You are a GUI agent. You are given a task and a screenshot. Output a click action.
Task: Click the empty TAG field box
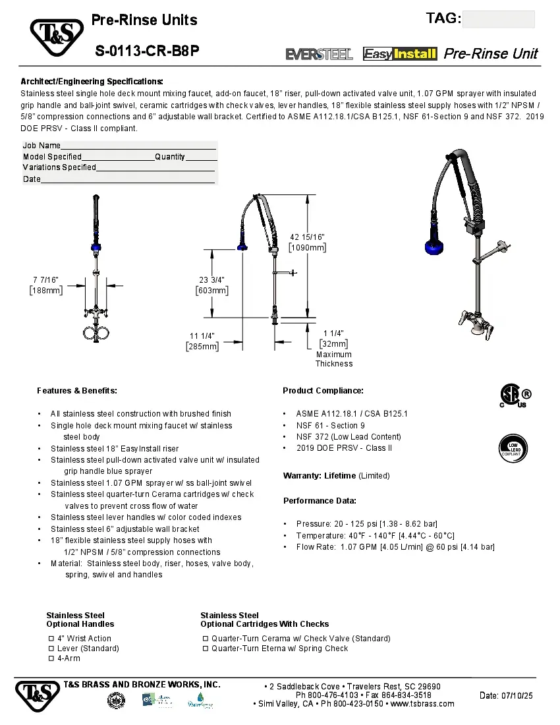(498, 19)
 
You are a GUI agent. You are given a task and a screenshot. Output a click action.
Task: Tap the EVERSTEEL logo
(319, 54)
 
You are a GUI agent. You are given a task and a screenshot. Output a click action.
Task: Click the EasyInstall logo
(400, 54)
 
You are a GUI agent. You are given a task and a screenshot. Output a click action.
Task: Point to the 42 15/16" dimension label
(307, 242)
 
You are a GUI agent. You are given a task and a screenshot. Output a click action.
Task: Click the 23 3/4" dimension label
(212, 285)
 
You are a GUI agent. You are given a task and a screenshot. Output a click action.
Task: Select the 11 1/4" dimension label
(202, 341)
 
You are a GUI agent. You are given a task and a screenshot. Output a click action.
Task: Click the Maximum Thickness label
(333, 359)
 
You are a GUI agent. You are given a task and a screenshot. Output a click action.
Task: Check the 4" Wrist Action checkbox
(51, 639)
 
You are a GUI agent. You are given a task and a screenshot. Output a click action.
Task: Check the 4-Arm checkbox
(51, 658)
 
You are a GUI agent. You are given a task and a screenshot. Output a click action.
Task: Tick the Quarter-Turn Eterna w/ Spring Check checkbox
(206, 649)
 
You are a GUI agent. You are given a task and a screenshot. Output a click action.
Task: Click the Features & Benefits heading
(77, 391)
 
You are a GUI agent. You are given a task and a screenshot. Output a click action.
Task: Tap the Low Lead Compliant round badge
(513, 448)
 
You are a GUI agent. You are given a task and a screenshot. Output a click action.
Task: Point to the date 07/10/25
(506, 695)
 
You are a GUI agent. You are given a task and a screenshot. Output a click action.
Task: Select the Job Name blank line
(138, 146)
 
